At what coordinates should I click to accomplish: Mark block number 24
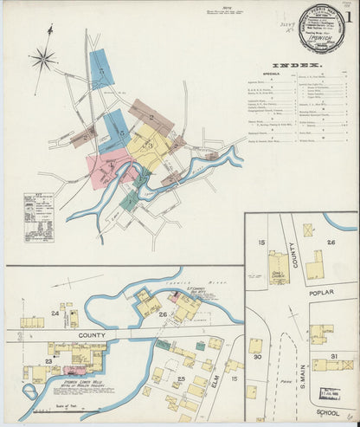click(55, 312)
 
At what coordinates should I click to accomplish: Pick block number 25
click(181, 378)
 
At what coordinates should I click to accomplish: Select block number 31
click(334, 355)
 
